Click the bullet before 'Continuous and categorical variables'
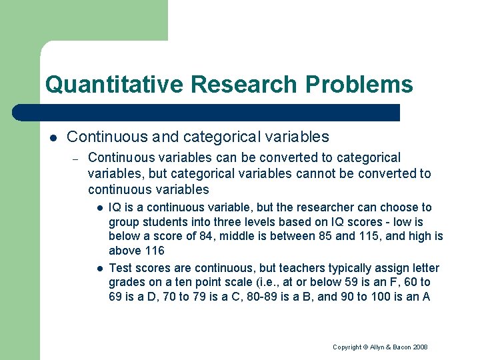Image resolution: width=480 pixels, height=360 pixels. pyautogui.click(x=53, y=137)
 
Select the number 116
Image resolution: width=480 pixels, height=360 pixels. pyautogui.click(x=154, y=251)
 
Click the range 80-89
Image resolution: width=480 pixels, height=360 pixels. pyautogui.click(x=267, y=297)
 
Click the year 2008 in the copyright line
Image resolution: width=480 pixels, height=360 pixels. pyautogui.click(x=419, y=347)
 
